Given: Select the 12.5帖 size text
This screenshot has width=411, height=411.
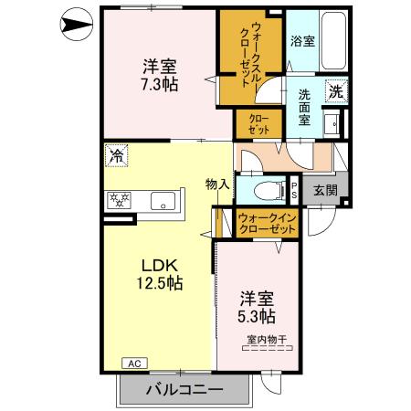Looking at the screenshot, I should [x=161, y=283].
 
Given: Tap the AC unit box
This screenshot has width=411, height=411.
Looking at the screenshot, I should [x=133, y=363].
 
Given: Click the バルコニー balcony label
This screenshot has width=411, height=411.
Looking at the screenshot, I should [x=184, y=390].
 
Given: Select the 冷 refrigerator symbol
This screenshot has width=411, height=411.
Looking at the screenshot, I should [x=115, y=155].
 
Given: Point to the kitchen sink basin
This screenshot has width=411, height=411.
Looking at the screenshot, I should [x=163, y=201].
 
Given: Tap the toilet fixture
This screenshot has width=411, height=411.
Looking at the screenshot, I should [x=266, y=191].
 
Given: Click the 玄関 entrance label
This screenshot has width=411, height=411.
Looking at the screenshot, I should [x=324, y=189].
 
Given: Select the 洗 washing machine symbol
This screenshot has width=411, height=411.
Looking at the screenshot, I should [x=336, y=90].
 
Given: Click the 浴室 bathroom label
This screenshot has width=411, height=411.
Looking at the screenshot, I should [x=302, y=41].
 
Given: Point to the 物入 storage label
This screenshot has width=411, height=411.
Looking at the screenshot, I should [x=216, y=184].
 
